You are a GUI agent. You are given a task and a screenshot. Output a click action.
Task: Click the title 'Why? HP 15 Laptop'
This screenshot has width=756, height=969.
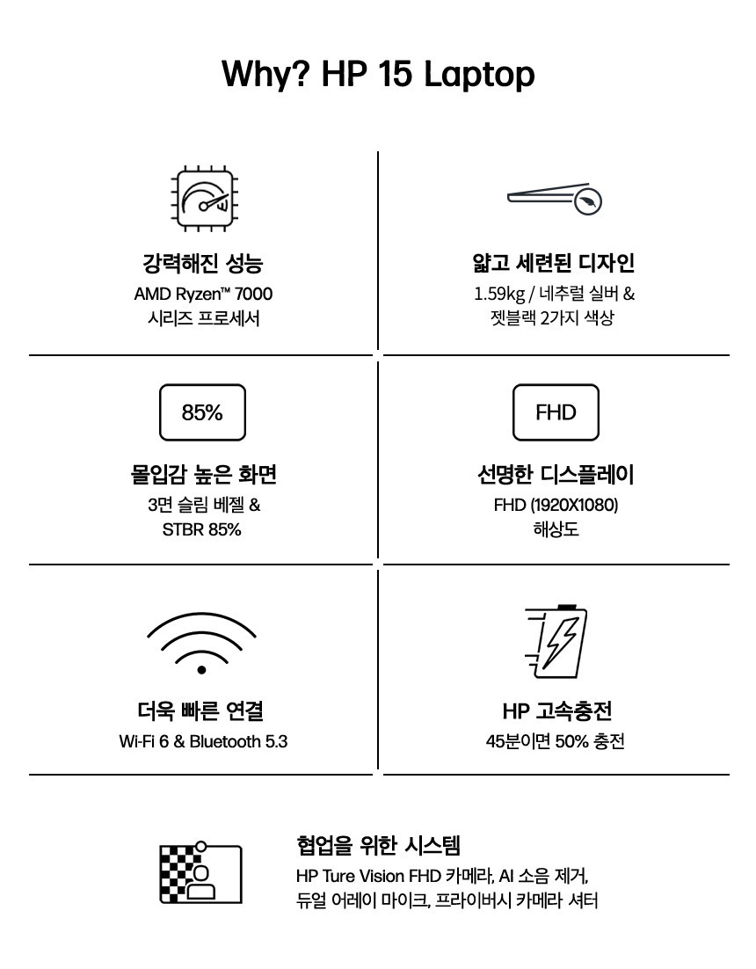coord(378,74)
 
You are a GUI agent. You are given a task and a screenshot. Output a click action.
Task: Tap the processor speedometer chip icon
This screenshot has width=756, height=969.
coord(204,199)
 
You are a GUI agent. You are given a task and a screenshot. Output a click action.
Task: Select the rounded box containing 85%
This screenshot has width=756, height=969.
coord(202,412)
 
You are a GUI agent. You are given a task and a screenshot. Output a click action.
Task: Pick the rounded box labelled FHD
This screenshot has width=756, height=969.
coord(556,412)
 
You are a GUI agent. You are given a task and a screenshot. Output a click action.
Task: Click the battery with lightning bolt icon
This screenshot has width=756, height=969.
coord(556,642)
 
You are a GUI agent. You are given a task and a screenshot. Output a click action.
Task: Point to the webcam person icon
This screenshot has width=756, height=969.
coord(200,872)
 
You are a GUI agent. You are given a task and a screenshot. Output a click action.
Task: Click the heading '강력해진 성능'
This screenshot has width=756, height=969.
coord(202,263)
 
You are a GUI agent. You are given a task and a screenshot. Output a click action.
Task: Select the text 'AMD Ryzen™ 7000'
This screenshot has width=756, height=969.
coord(203,294)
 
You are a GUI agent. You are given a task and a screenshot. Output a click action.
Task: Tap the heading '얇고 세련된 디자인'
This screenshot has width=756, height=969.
coord(554,263)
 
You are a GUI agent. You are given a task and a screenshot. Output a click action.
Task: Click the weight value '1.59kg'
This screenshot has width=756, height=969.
coord(499,295)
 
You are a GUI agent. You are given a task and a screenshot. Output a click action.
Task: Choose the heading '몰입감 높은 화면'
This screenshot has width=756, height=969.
coord(203,475)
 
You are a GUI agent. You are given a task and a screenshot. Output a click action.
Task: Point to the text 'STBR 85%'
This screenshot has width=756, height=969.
coord(202,529)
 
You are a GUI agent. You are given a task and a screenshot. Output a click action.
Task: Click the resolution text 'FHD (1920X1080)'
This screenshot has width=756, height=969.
coord(556,505)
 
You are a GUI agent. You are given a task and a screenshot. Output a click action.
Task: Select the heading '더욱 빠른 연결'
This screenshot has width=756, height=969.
coord(201,711)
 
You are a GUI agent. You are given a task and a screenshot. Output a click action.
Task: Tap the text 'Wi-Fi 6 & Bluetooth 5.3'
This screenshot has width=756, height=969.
coord(203,741)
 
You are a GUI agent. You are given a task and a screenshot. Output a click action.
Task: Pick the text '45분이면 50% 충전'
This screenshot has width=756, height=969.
coord(556,741)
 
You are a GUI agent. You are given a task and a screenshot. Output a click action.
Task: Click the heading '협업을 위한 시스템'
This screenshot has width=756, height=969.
coord(379,845)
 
